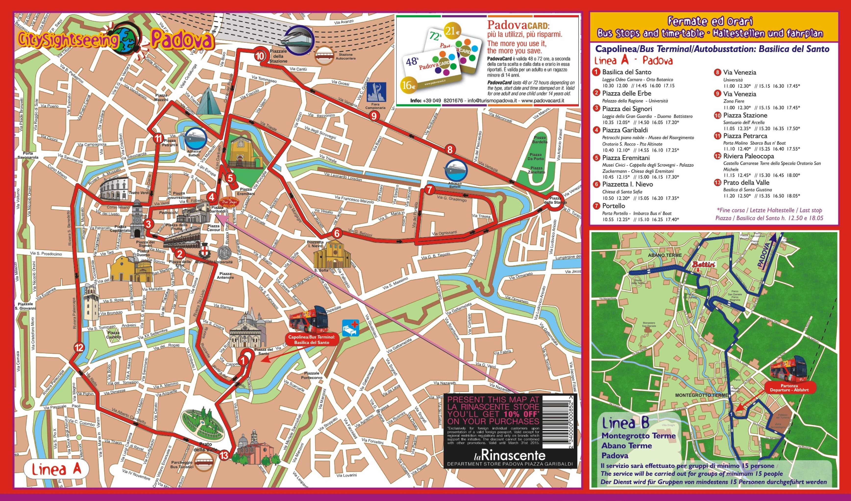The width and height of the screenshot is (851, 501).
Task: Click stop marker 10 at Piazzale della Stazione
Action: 260,56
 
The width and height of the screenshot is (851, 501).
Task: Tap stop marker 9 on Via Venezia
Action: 374,116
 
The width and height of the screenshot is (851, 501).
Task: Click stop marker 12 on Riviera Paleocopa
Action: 79,348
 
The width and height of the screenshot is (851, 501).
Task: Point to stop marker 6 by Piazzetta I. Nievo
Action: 336,233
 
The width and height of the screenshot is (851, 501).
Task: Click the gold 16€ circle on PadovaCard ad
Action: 408,85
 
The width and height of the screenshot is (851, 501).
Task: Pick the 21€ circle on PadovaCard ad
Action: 452,32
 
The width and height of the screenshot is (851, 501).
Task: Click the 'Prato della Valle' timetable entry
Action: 746,182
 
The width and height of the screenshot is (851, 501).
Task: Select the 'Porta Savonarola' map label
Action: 28,155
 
